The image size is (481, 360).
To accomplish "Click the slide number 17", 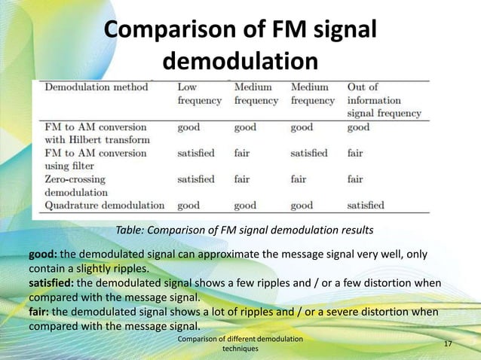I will pyautogui.click(x=448, y=344).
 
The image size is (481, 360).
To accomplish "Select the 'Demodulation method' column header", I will pyautogui.click(x=96, y=87).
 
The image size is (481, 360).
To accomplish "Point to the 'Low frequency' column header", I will pyautogui.click(x=199, y=93).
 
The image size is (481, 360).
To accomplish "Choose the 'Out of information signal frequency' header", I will pyautogui.click(x=384, y=100).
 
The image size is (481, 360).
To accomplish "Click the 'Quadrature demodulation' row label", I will pyautogui.click(x=105, y=205).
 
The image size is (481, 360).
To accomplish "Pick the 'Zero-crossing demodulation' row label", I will pyautogui.click(x=75, y=185).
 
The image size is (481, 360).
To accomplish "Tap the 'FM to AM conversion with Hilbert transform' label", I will pyautogui.click(x=96, y=133).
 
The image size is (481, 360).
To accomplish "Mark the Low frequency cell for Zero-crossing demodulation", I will pyautogui.click(x=195, y=179).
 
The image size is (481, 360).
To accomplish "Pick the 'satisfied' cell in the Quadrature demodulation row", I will pyautogui.click(x=365, y=205).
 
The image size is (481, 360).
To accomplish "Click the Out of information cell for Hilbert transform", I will pyautogui.click(x=358, y=127).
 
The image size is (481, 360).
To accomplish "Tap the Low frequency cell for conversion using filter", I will pyautogui.click(x=195, y=153).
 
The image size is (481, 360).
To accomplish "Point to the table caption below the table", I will pyautogui.click(x=244, y=229).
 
